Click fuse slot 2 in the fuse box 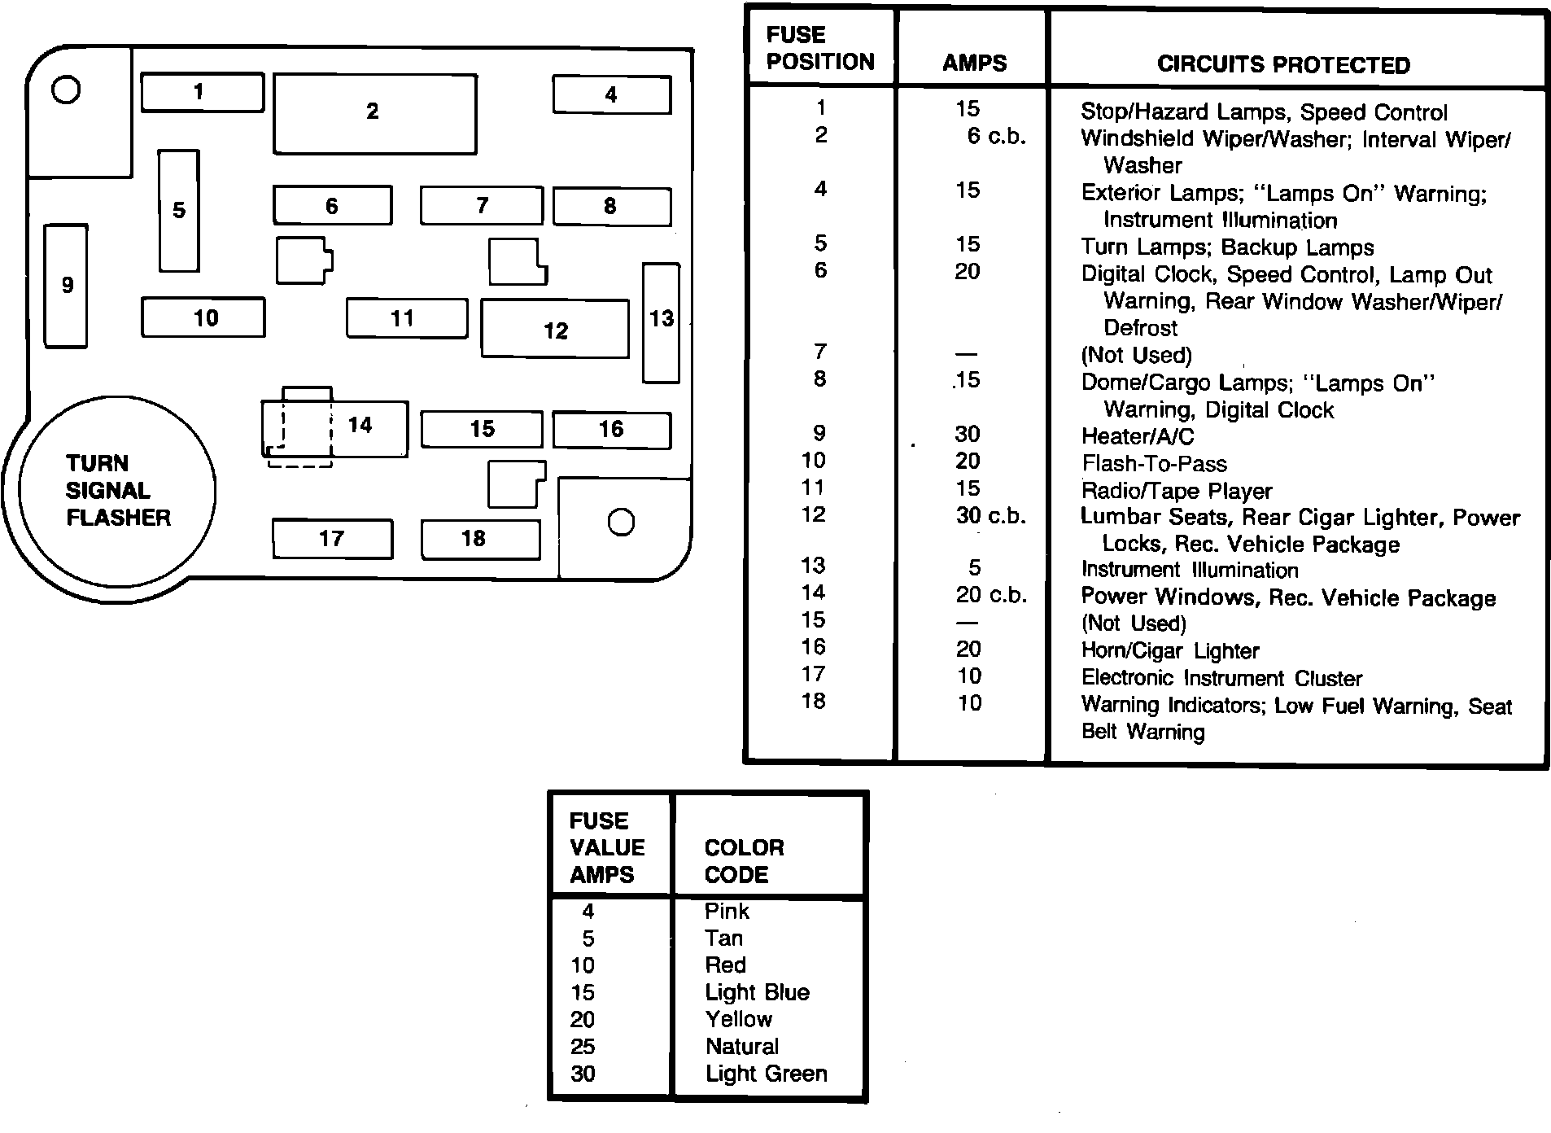[374, 113]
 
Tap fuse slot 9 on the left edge [66, 286]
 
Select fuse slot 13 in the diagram [661, 322]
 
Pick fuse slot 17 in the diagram [332, 539]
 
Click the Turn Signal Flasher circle [117, 491]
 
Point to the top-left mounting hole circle [66, 89]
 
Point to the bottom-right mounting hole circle [621, 523]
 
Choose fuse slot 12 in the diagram [555, 330]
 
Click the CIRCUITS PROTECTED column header [1283, 65]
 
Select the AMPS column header [974, 63]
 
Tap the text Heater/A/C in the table [1137, 437]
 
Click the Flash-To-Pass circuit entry [1154, 464]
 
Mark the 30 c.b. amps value [990, 516]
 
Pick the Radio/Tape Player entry [1176, 492]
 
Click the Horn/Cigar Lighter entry [1169, 651]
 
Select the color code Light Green [766, 1074]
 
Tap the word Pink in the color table [727, 912]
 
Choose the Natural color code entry [742, 1047]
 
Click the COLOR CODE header [744, 861]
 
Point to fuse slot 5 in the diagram [179, 211]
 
